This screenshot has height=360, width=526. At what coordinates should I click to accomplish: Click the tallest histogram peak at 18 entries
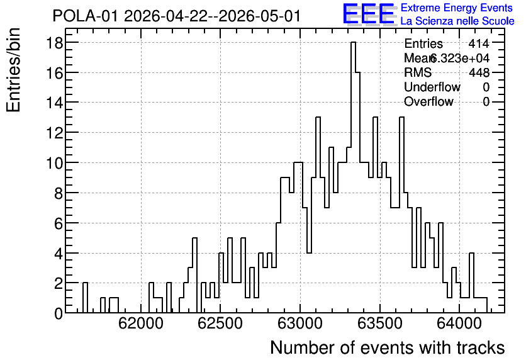(x=353, y=43)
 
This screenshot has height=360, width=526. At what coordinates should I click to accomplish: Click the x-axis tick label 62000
(x=141, y=323)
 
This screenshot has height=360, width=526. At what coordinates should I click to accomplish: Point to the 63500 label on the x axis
(x=380, y=323)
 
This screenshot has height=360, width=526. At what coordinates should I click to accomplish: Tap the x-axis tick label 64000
(x=459, y=323)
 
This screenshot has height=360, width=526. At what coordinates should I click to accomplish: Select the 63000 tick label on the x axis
(x=300, y=323)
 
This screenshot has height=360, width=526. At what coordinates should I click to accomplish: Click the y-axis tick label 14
(x=54, y=103)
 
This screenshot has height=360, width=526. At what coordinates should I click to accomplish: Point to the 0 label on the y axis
(x=59, y=313)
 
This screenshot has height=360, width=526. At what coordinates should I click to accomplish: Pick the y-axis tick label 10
(x=54, y=163)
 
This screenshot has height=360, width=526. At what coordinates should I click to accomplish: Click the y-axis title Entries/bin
(x=13, y=70)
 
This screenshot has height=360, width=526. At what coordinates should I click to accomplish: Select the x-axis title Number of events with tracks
(x=388, y=347)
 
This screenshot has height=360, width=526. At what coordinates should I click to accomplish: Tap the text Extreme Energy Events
(x=457, y=8)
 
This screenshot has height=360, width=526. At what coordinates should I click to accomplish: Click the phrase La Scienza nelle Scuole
(x=457, y=21)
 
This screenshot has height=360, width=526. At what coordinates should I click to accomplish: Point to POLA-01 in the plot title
(x=85, y=16)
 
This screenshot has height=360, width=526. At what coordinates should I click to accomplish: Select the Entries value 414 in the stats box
(x=479, y=43)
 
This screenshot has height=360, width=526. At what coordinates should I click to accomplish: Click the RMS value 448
(x=479, y=72)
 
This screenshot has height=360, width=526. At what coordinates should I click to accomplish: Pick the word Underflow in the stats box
(x=432, y=87)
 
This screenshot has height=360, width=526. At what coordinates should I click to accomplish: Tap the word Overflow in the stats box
(x=428, y=101)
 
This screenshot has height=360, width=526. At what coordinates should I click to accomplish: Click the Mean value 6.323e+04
(x=459, y=58)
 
